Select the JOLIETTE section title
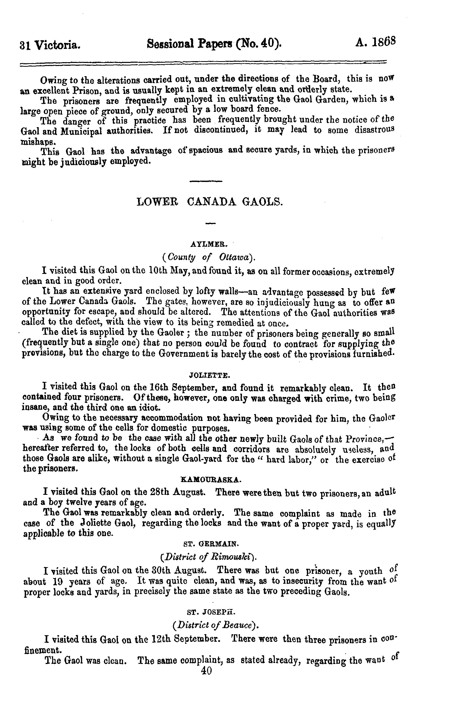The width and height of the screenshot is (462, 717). click(x=209, y=375)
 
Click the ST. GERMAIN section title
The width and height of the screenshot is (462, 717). click(x=211, y=543)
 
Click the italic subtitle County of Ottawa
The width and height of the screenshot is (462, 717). click(x=209, y=257)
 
